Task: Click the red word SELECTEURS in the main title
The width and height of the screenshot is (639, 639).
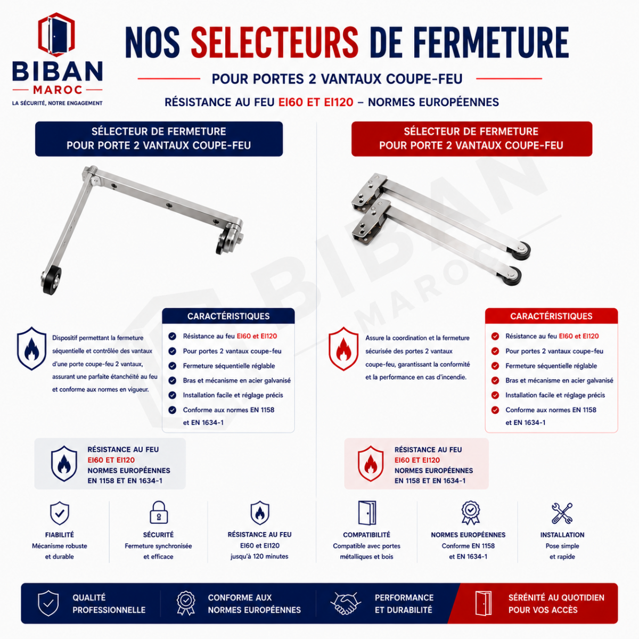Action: [x=275, y=43]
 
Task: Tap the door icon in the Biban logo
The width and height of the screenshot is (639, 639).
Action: [x=56, y=35]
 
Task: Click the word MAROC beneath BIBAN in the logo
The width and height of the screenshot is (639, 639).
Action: [x=58, y=90]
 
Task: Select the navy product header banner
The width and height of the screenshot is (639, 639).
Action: [x=159, y=138]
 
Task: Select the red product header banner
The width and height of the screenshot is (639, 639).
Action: [x=472, y=138]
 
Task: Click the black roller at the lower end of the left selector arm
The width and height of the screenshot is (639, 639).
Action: [x=52, y=280]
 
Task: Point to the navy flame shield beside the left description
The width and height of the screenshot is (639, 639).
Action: [x=31, y=348]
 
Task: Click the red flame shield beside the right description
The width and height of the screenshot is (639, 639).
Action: [x=343, y=348]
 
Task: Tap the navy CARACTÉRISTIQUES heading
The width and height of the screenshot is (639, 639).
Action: [x=228, y=316]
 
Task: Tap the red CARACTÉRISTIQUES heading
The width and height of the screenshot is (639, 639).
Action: [x=551, y=316]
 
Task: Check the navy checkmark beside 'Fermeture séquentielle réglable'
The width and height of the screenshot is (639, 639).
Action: [x=172, y=366]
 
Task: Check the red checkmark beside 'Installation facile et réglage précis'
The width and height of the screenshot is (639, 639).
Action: [x=495, y=395]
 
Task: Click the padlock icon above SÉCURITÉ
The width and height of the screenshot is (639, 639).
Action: [x=159, y=512]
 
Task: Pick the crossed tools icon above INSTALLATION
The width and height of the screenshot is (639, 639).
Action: [x=562, y=513]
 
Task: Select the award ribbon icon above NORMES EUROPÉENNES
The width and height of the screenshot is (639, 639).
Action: [x=470, y=513]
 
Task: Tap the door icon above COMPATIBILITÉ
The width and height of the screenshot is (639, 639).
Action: [x=367, y=513]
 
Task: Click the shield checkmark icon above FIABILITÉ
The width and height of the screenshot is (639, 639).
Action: [x=60, y=513]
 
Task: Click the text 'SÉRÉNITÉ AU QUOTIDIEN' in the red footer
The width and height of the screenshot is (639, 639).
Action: [x=556, y=597]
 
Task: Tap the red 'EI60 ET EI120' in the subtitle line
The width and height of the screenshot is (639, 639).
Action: [x=316, y=102]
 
